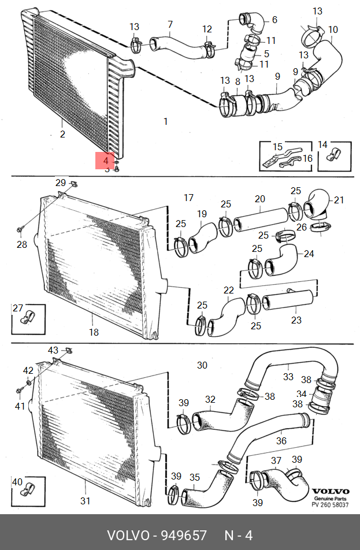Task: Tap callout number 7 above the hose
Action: pyautogui.click(x=170, y=24)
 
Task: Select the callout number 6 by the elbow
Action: pyautogui.click(x=274, y=20)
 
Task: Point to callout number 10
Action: pyautogui.click(x=333, y=29)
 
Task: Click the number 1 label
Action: pyautogui.click(x=166, y=121)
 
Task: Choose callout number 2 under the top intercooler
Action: pyautogui.click(x=62, y=135)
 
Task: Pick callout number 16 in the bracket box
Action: pyautogui.click(x=307, y=158)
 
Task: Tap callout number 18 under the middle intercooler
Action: pyautogui.click(x=94, y=332)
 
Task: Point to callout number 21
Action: pyautogui.click(x=338, y=200)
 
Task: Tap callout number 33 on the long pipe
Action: pyautogui.click(x=288, y=377)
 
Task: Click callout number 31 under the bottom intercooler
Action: pyautogui.click(x=86, y=501)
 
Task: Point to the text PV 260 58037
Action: pyautogui.click(x=330, y=504)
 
